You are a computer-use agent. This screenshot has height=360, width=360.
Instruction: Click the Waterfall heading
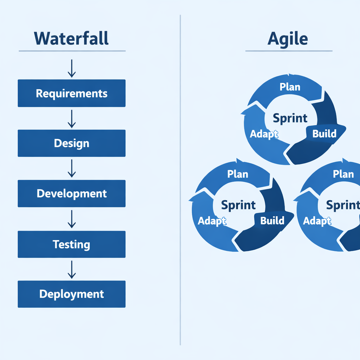(x=71, y=38)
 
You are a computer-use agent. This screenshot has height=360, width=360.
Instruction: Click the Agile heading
(x=288, y=39)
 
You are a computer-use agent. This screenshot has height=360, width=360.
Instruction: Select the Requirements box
(x=71, y=93)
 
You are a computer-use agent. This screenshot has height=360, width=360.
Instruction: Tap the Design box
(x=71, y=143)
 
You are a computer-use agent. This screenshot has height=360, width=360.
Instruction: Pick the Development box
(x=71, y=193)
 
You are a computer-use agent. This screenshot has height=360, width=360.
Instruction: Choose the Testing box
(x=71, y=244)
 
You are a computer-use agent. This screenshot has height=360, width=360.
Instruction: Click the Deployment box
(x=71, y=294)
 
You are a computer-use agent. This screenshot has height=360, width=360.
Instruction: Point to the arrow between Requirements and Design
(x=71, y=118)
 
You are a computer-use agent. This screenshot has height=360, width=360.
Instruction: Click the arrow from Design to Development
(x=71, y=168)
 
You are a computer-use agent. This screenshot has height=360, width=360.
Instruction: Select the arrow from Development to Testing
(x=71, y=219)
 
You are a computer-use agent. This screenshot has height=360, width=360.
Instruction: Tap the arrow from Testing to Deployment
(x=71, y=269)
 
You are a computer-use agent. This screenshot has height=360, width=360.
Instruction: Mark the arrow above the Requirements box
(x=71, y=68)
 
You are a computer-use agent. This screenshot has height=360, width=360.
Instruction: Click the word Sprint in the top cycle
(x=290, y=118)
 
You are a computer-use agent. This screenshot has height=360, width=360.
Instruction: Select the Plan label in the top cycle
(x=290, y=87)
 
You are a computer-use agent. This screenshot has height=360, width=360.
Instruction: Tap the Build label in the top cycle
(x=324, y=134)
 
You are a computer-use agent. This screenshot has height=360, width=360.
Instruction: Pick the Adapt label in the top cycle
(x=264, y=134)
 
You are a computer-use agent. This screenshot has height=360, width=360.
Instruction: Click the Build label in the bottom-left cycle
(x=272, y=220)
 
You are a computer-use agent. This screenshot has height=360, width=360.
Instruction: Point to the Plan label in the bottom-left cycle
(x=238, y=174)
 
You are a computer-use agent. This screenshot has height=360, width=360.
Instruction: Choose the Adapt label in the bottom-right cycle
(x=317, y=221)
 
